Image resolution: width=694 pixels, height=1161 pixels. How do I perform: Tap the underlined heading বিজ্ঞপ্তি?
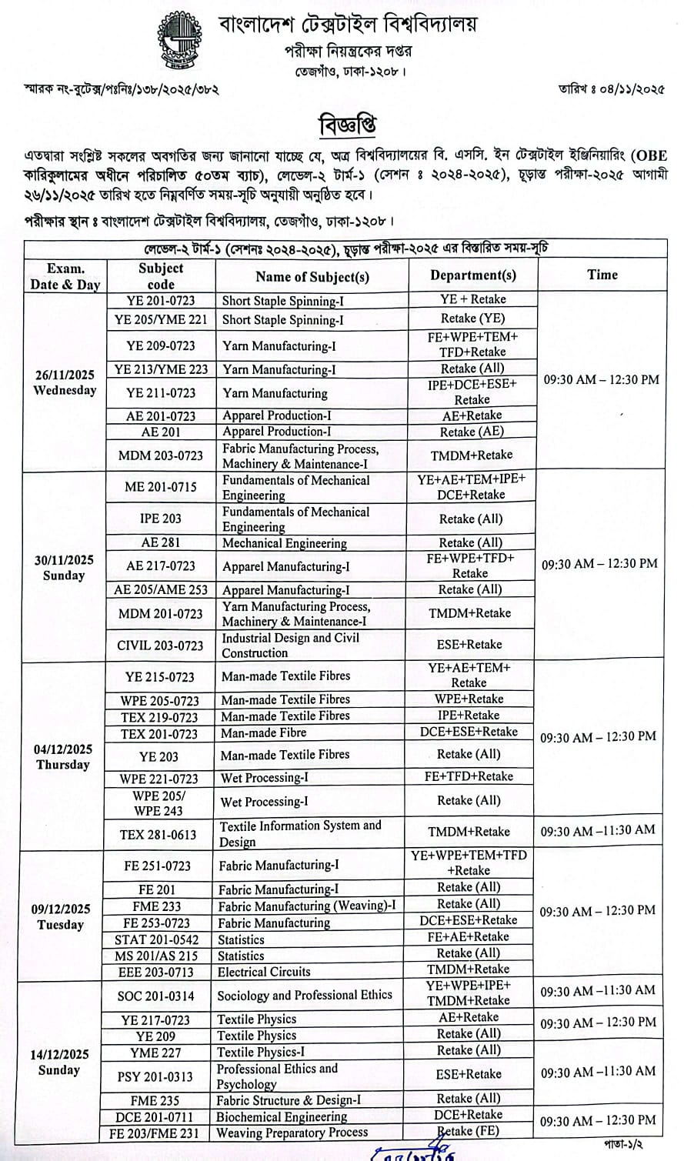pyautogui.click(x=347, y=125)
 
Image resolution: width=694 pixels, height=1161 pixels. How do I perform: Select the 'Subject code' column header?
pyautogui.click(x=161, y=275)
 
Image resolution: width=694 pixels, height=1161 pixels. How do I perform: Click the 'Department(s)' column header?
pyautogui.click(x=472, y=275)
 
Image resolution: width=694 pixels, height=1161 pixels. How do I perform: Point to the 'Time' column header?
pyautogui.click(x=602, y=275)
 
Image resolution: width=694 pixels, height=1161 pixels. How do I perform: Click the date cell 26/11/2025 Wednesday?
pyautogui.click(x=65, y=382)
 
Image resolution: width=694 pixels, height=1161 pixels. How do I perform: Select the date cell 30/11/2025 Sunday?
pyautogui.click(x=64, y=568)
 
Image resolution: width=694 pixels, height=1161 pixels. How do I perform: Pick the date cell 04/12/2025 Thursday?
pyautogui.click(x=63, y=757)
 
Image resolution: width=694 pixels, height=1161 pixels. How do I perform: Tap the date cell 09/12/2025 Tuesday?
pyautogui.click(x=61, y=916)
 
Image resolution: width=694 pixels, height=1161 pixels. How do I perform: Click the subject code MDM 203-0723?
pyautogui.click(x=161, y=455)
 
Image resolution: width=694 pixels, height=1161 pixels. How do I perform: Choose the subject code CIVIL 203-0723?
pyautogui.click(x=160, y=646)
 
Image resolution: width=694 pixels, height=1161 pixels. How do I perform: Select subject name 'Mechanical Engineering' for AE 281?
pyautogui.click(x=285, y=543)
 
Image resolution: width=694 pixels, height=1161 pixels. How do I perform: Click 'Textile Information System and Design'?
pyautogui.click(x=300, y=833)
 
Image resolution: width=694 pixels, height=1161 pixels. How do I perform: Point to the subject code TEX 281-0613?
pyautogui.click(x=158, y=834)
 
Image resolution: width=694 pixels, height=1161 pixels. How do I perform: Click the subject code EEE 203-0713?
pyautogui.click(x=156, y=972)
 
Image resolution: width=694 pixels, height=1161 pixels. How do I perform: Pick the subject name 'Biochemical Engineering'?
pyautogui.click(x=282, y=1116)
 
